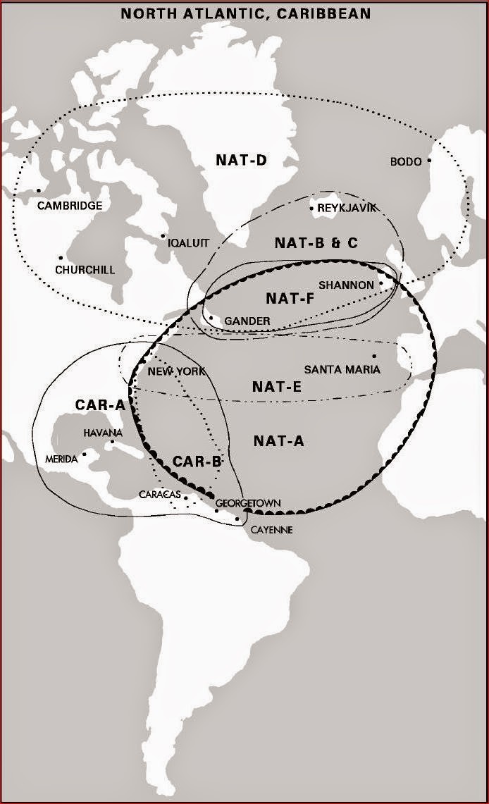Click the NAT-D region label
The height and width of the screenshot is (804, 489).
point(241,161)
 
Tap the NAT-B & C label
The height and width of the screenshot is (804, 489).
point(316,243)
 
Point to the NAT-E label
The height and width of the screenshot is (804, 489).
point(277,387)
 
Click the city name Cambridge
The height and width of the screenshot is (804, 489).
point(70,206)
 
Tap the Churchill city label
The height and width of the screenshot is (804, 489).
point(85,270)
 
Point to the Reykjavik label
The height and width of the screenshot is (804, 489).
point(347,208)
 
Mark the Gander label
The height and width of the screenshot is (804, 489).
point(247,321)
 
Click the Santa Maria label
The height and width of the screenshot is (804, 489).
point(342,369)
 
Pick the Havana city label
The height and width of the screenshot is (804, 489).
point(103,433)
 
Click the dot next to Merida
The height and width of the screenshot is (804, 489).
point(85,454)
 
